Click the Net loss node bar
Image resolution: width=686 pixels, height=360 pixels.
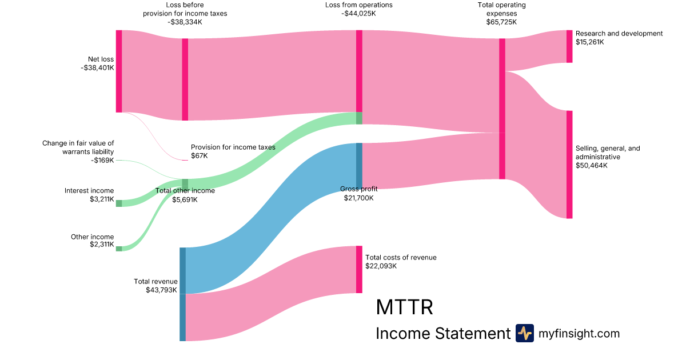pyautogui.click(x=119, y=71)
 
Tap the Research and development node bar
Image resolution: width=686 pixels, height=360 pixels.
pyautogui.click(x=569, y=46)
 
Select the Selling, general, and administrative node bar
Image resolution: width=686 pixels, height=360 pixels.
pyautogui.click(x=569, y=165)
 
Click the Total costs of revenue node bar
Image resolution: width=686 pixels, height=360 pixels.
pyautogui.click(x=359, y=269)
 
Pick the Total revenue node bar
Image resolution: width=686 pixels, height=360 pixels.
pyautogui.click(x=182, y=294)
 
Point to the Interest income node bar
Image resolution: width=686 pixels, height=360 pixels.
pyautogui.click(x=119, y=203)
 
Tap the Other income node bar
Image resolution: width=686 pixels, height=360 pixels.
pyautogui.click(x=119, y=249)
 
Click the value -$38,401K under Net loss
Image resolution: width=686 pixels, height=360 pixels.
pyautogui.click(x=97, y=67)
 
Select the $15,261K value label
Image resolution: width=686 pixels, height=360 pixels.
pyautogui.click(x=590, y=42)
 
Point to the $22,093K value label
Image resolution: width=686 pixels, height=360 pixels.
pyautogui.click(x=381, y=266)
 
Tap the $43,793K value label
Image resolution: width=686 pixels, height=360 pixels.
pyautogui.click(x=162, y=290)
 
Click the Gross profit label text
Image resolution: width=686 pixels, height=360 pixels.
pyautogui.click(x=358, y=189)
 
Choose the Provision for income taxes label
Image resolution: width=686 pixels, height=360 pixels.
pyautogui.click(x=233, y=147)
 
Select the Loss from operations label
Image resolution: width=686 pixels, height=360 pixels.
pyautogui.click(x=358, y=5)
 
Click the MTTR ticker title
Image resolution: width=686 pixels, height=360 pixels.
pyautogui.click(x=404, y=307)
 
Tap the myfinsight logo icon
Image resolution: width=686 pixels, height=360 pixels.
pyautogui.click(x=524, y=333)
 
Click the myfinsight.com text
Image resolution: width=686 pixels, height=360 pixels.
pyautogui.click(x=579, y=334)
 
